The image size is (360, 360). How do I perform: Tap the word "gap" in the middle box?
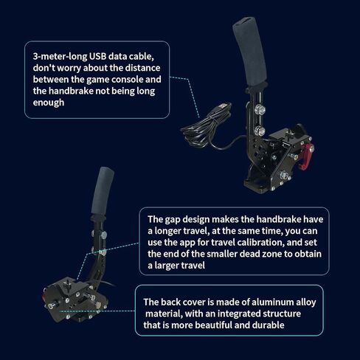[177, 219]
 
